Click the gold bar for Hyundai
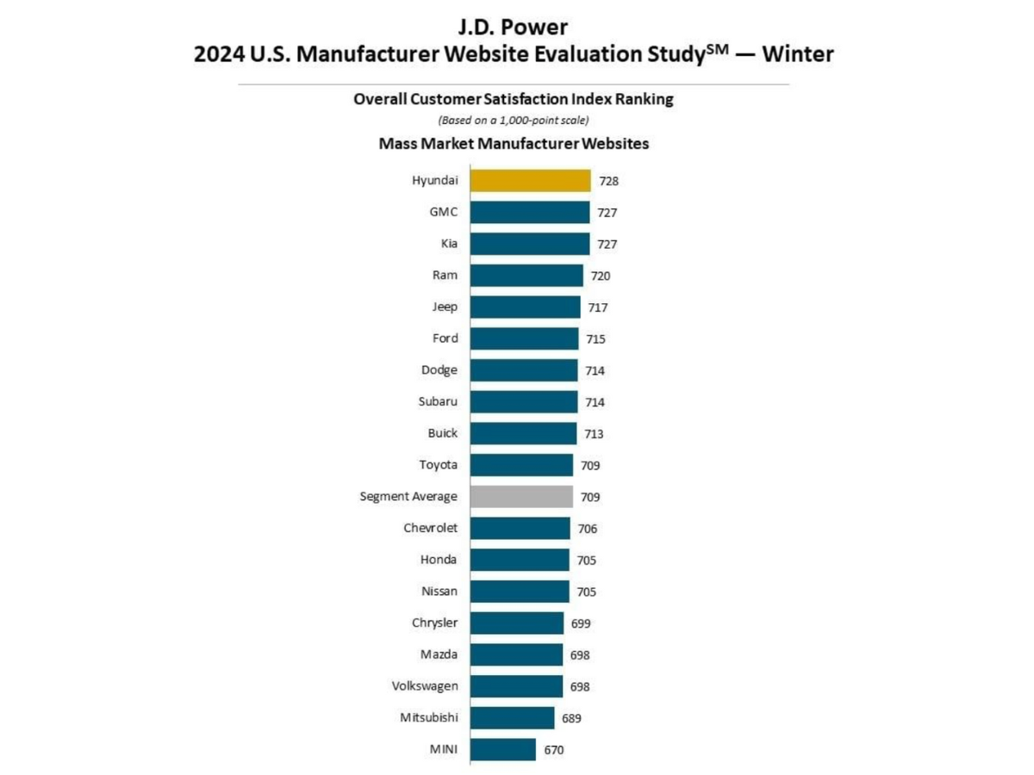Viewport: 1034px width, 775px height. [x=530, y=181]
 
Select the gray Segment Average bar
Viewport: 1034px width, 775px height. [x=521, y=497]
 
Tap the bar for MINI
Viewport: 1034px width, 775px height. [x=502, y=749]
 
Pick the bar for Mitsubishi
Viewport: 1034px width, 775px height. [x=512, y=718]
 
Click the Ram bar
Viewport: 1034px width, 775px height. [x=526, y=276]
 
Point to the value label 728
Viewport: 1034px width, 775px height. [x=609, y=181]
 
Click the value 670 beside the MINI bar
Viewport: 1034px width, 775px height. [x=554, y=750]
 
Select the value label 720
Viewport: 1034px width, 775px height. [x=601, y=276]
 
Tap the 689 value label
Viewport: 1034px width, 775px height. [x=573, y=718]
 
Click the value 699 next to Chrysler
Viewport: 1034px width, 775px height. [x=581, y=623]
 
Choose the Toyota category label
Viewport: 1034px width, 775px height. [x=439, y=465]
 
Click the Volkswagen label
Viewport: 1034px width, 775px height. [x=425, y=686]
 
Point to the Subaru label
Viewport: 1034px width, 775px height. [x=439, y=401]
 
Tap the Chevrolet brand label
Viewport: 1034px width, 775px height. [x=431, y=528]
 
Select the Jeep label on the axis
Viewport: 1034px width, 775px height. [x=445, y=307]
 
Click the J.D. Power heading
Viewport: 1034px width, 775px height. [x=514, y=27]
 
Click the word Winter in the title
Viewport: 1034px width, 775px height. [x=798, y=55]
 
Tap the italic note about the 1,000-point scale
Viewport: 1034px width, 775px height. [x=514, y=120]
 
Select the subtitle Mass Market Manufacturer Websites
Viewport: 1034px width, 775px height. [x=514, y=144]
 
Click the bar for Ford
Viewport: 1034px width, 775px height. [x=524, y=338]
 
